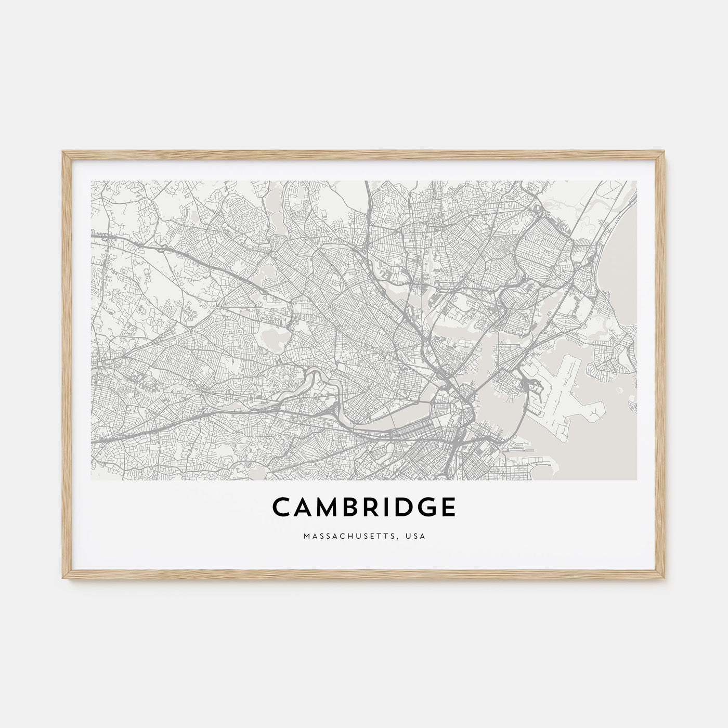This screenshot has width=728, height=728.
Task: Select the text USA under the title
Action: (417, 535)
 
